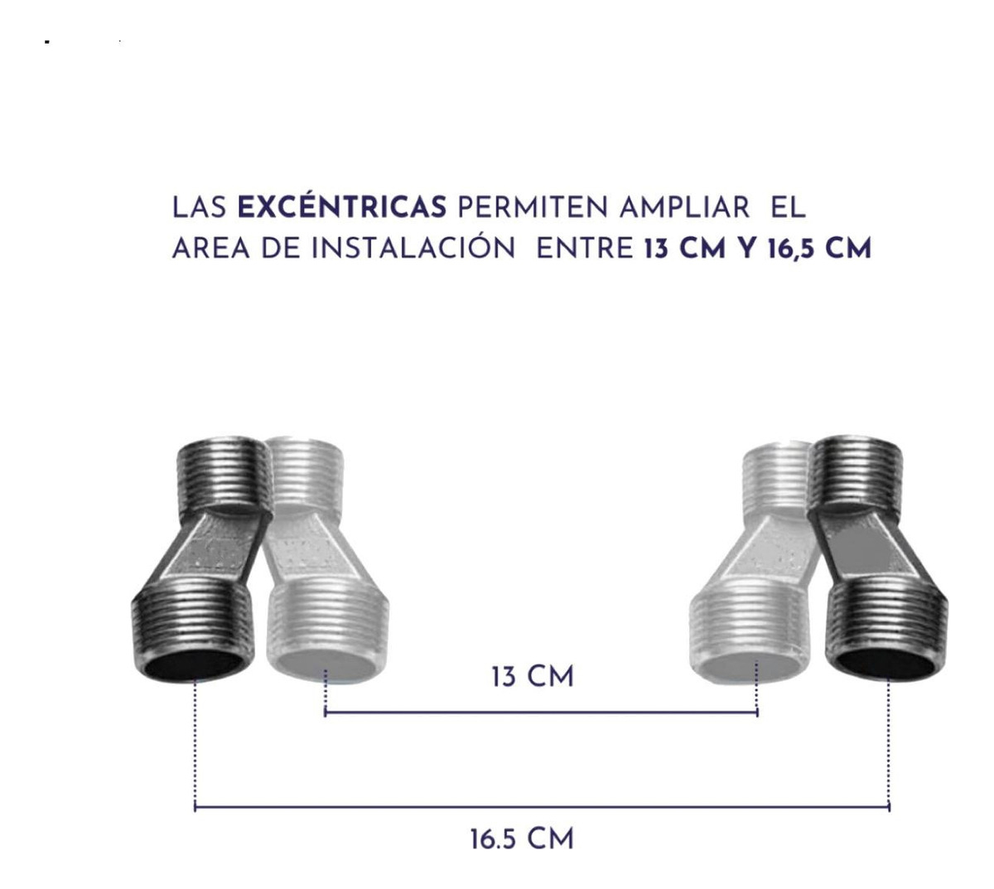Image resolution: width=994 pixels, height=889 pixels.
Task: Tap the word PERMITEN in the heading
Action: coord(533,208)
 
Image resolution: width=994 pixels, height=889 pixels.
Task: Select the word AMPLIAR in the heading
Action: coord(684,208)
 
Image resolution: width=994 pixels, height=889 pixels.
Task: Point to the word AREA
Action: coord(211,249)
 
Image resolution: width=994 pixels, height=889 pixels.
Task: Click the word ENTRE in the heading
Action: coord(585,249)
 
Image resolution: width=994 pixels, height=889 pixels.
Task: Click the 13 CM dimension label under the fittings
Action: coord(533,678)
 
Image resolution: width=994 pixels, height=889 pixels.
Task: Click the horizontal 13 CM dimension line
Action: coord(541,712)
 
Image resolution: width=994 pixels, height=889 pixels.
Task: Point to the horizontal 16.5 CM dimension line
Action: coord(542,806)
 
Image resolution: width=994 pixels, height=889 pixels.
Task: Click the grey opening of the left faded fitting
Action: coord(326,667)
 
